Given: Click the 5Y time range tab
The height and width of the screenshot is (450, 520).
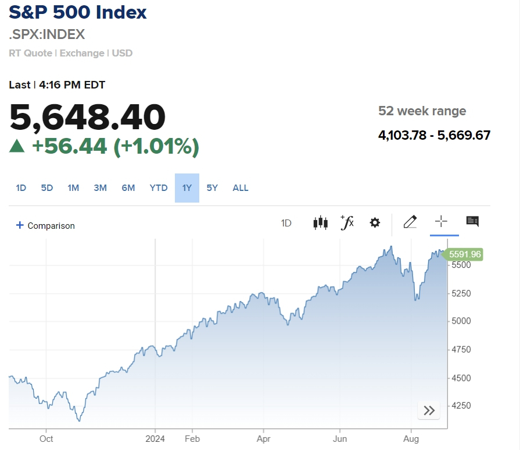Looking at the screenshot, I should click(x=212, y=188).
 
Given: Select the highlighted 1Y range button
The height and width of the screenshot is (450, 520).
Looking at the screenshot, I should click(x=187, y=188).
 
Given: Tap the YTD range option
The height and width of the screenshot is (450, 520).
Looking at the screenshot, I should click(x=159, y=188).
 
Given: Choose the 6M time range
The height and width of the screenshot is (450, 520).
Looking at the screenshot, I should click(x=128, y=188).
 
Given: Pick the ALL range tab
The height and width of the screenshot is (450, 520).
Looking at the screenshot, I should click(x=241, y=188).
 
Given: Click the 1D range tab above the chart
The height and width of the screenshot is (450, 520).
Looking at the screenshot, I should click(x=21, y=188).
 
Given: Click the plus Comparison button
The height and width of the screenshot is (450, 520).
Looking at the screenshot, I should click(x=45, y=226).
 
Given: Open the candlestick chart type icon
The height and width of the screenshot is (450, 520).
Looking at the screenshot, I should click(x=320, y=222).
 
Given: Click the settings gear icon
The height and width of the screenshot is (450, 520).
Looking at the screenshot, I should click(x=375, y=222).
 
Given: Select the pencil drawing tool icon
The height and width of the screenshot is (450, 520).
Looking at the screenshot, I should click(x=410, y=222).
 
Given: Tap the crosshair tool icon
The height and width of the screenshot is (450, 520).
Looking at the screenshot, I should click(x=442, y=221).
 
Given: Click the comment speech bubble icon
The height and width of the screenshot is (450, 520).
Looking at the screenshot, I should click(x=472, y=221).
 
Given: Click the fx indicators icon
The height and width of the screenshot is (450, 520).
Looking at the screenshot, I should click(x=347, y=222).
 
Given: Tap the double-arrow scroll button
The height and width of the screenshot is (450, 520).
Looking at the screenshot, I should click(x=429, y=410).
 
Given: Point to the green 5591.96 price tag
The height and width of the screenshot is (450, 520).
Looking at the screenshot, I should click(x=465, y=254).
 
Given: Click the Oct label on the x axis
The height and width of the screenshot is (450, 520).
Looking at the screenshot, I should click(x=46, y=439).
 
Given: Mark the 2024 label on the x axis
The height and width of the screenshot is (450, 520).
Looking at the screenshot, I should click(x=155, y=439).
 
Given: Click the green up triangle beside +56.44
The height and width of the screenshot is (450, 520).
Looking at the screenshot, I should click(x=17, y=147).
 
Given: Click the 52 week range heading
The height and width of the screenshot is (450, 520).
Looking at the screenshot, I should click(x=422, y=111).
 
